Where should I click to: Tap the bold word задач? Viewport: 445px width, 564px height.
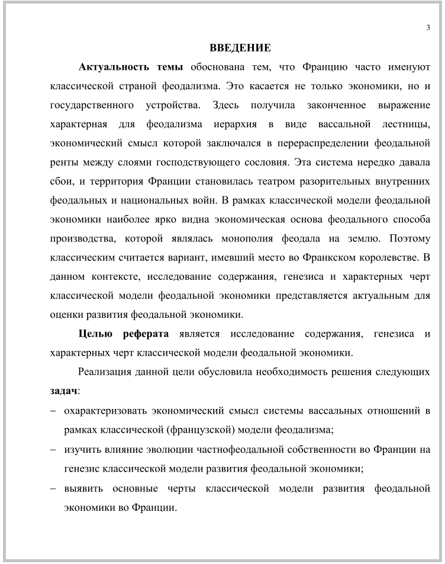(x=63, y=391)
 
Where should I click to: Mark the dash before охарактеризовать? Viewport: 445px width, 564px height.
(x=54, y=411)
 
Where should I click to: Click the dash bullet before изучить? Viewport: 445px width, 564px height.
(x=54, y=449)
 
